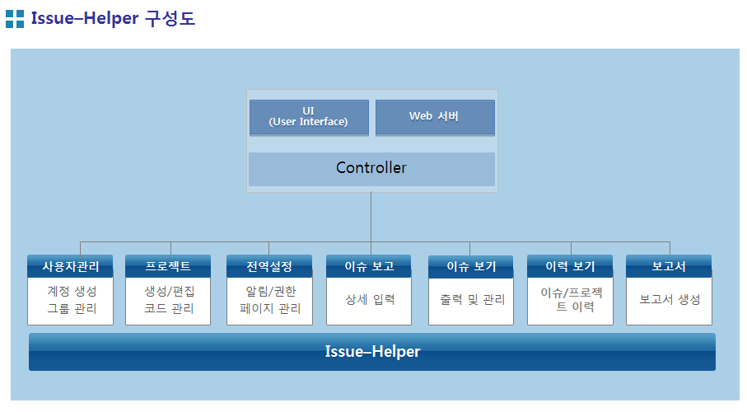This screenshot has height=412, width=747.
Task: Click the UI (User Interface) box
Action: tap(309, 118)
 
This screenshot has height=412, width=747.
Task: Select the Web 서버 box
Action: tap(435, 118)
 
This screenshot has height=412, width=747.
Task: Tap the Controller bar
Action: tap(371, 169)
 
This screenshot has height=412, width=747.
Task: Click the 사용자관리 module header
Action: tap(71, 266)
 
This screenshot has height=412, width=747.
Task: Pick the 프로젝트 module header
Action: tap(168, 266)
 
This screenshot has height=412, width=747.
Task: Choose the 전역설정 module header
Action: tap(269, 266)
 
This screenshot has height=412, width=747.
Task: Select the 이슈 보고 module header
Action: tap(369, 266)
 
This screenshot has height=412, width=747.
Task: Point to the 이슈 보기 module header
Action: tap(471, 266)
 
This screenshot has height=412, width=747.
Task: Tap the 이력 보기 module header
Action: tap(570, 266)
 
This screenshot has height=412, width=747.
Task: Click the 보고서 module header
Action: tap(669, 266)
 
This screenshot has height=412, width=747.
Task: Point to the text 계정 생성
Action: tap(72, 291)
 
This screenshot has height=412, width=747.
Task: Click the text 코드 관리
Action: tap(169, 308)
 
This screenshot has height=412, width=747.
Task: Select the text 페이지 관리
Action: tap(270, 308)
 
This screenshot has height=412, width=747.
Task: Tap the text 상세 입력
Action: tap(370, 299)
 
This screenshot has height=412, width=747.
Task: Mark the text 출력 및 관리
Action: tap(472, 299)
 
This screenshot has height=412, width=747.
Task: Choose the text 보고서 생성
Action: tap(670, 299)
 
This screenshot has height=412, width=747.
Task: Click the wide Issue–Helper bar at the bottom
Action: tap(372, 352)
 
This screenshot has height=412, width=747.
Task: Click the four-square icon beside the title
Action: tap(15, 19)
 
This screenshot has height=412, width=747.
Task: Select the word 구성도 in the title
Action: tap(170, 19)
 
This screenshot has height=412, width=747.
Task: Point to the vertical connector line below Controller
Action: tap(371, 223)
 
